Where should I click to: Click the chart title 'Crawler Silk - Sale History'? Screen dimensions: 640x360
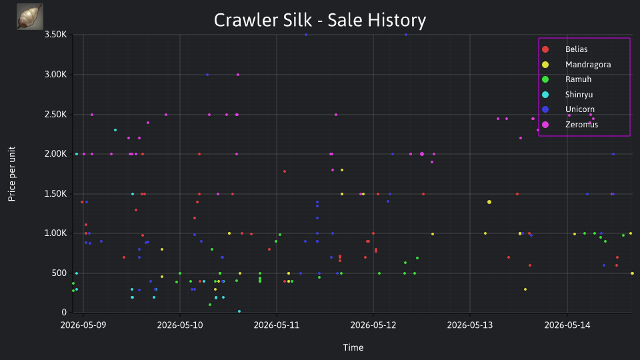(320, 20)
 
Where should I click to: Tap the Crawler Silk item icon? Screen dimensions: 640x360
(30, 17)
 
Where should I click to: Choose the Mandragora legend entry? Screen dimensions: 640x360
(576, 65)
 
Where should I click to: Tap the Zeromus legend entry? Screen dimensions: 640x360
(570, 125)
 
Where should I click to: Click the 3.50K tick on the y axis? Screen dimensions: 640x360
(55, 35)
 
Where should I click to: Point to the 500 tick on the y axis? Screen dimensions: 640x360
(59, 273)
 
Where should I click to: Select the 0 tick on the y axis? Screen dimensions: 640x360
(64, 313)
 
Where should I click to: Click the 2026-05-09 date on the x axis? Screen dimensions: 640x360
(83, 325)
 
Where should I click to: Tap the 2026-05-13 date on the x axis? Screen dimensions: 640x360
(470, 325)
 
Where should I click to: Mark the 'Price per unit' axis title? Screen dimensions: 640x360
(12, 174)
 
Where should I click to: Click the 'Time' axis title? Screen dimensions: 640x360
(353, 347)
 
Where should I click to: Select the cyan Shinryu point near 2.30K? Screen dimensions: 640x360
(115, 130)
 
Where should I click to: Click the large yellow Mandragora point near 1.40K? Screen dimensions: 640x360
(489, 202)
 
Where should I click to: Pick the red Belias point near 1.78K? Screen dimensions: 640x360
(285, 171)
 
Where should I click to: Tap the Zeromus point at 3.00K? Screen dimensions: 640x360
(238, 75)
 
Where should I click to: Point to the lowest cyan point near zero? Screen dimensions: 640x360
(239, 311)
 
